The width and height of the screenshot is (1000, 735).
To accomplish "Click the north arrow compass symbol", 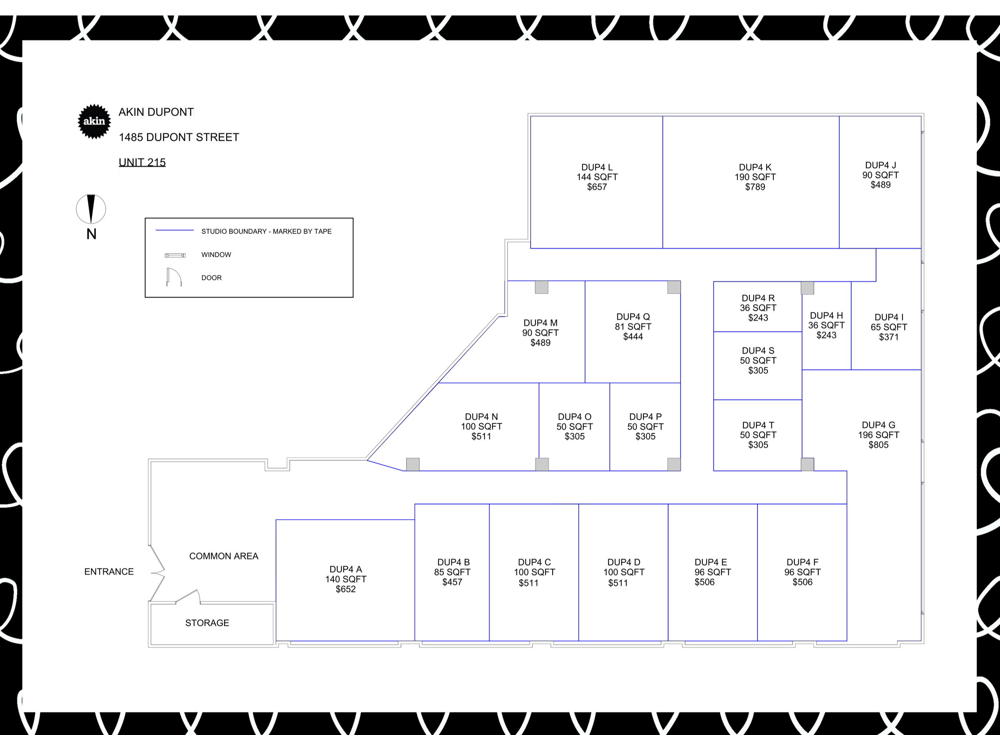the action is pyautogui.click(x=91, y=209).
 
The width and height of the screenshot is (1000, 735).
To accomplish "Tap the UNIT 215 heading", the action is pyautogui.click(x=142, y=162).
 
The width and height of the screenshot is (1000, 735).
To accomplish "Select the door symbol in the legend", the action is pyautogui.click(x=174, y=277).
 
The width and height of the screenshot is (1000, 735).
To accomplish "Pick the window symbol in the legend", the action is pyautogui.click(x=175, y=255).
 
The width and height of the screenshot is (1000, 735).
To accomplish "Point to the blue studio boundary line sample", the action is pyautogui.click(x=174, y=230).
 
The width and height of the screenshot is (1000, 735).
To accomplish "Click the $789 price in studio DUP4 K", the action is pyautogui.click(x=755, y=187).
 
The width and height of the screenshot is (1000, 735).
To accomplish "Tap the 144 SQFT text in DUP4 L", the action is pyautogui.click(x=597, y=177).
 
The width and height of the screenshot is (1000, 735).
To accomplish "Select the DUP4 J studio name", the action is pyautogui.click(x=880, y=166).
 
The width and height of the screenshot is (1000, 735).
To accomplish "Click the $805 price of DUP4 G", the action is pyautogui.click(x=878, y=445).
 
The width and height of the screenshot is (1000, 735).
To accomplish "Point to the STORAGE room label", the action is pyautogui.click(x=207, y=623).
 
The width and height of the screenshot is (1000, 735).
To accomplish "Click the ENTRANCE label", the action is pyautogui.click(x=109, y=572).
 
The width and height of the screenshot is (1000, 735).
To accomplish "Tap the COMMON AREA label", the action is pyautogui.click(x=223, y=556).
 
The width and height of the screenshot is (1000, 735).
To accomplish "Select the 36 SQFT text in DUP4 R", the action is pyautogui.click(x=758, y=308).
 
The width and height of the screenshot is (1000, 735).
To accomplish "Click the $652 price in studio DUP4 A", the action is pyautogui.click(x=345, y=589).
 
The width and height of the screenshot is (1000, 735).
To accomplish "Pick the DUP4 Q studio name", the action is pyautogui.click(x=633, y=317).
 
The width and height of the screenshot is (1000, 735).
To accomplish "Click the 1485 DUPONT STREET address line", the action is pyautogui.click(x=179, y=138).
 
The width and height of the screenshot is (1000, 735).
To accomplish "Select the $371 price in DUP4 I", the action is pyautogui.click(x=888, y=337).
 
